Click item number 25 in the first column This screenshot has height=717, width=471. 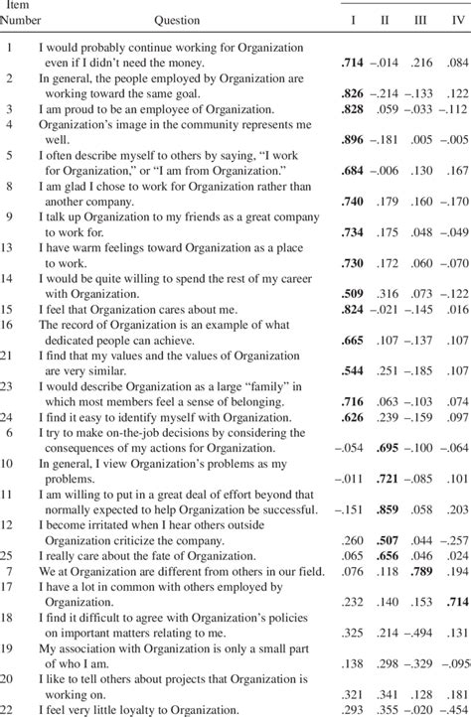[9, 554]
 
